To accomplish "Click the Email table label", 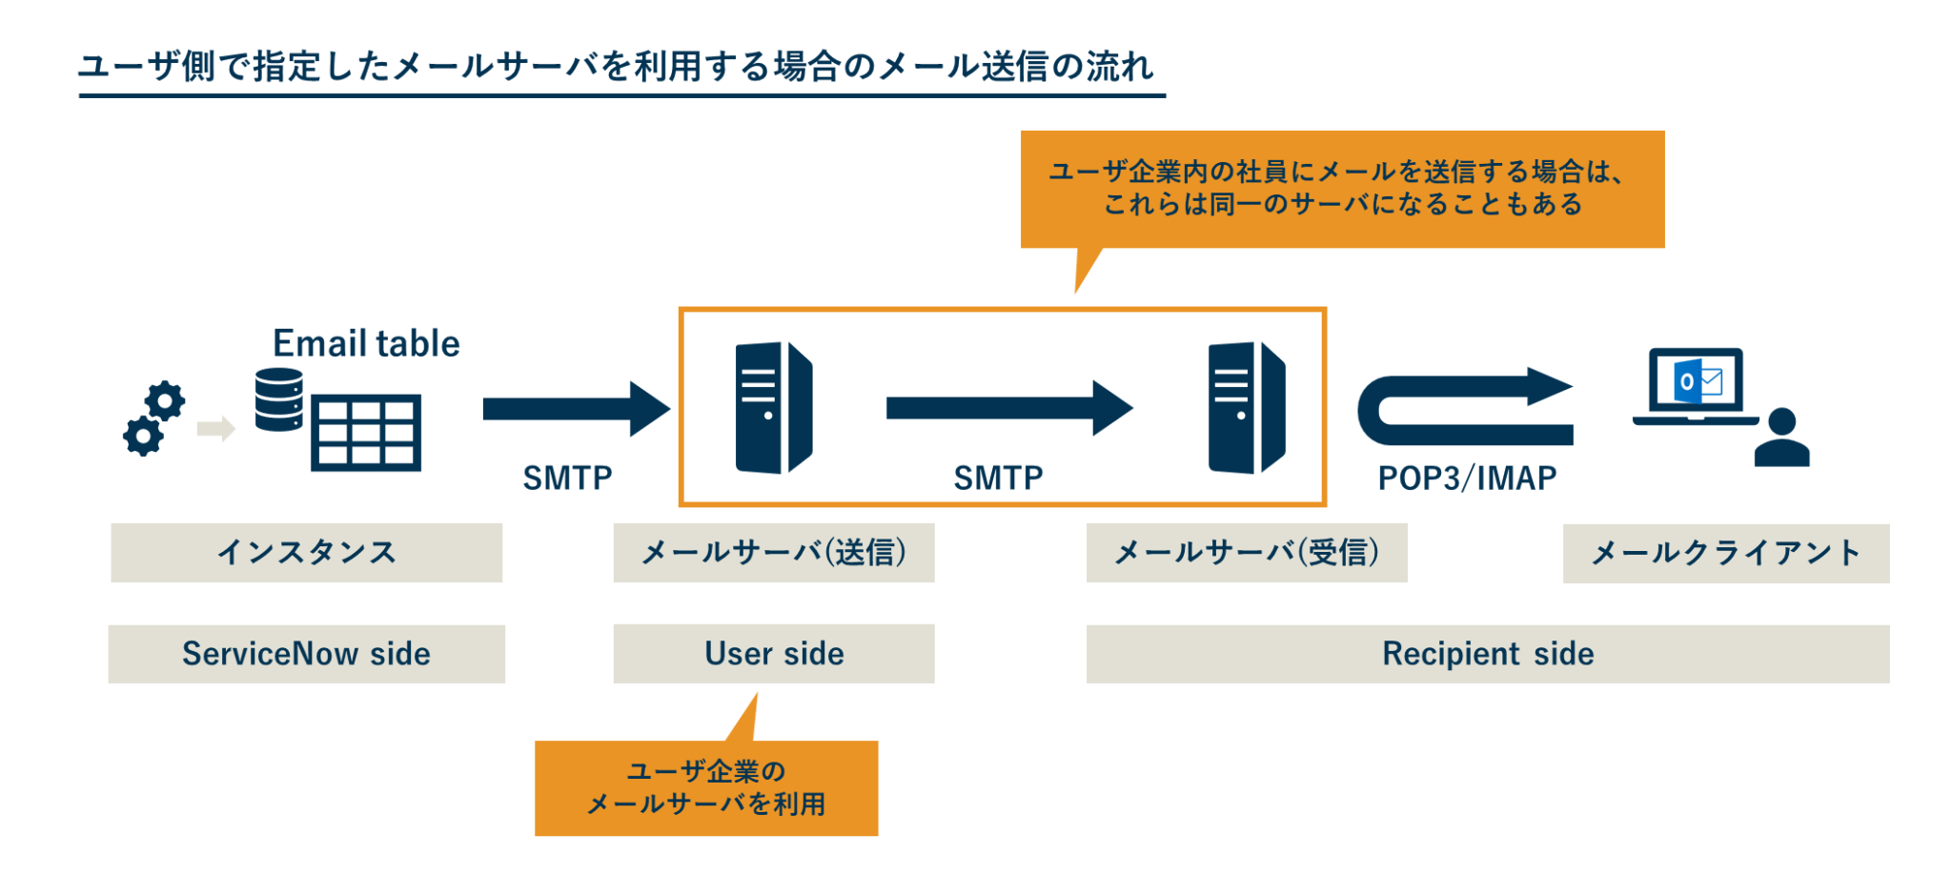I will (x=366, y=343).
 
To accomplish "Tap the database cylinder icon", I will (x=279, y=399).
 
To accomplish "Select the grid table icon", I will (x=366, y=433).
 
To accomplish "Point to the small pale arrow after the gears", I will (x=215, y=428).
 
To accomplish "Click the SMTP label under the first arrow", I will (x=567, y=478).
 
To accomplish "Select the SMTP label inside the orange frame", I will (x=998, y=478).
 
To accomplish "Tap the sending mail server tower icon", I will (x=773, y=408).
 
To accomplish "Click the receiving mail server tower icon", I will (x=1246, y=408).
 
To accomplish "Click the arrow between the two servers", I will (x=1008, y=408).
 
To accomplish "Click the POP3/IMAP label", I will (x=1467, y=478).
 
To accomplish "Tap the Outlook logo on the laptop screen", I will (x=1688, y=382).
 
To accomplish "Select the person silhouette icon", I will (x=1781, y=438).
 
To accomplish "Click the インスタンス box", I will (x=306, y=553).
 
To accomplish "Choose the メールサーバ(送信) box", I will (x=773, y=553).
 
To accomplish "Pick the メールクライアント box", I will (x=1725, y=553).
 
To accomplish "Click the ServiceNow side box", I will (x=306, y=654).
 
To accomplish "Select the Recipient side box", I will (x=1487, y=654).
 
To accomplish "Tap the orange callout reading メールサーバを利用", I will (x=705, y=788).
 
